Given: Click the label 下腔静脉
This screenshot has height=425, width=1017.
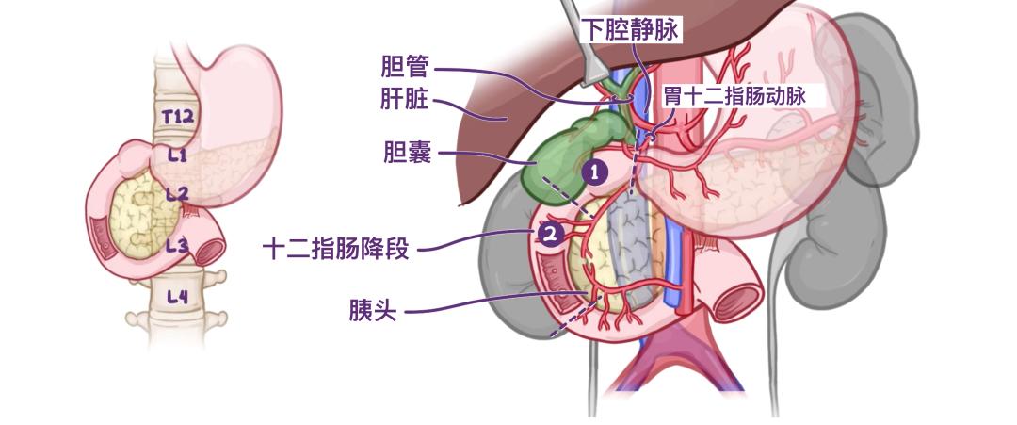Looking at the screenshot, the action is [x=630, y=30].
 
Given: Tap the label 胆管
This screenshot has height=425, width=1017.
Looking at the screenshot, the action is [x=405, y=67].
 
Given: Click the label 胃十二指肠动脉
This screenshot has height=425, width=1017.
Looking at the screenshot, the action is [x=734, y=97].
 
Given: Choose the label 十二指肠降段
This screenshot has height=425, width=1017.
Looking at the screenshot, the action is [x=335, y=249].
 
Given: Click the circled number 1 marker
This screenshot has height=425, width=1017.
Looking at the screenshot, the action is [x=594, y=172].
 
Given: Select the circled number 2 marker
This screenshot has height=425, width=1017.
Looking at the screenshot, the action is [x=551, y=235].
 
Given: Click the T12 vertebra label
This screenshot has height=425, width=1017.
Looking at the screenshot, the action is [x=178, y=117].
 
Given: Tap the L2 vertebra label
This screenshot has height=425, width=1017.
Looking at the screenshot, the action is [x=176, y=193].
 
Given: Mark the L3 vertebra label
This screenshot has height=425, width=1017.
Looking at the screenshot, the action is [x=176, y=245].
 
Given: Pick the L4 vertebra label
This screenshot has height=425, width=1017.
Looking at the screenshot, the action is [x=177, y=297].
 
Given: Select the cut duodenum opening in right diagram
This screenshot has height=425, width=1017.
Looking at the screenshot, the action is [x=737, y=301].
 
